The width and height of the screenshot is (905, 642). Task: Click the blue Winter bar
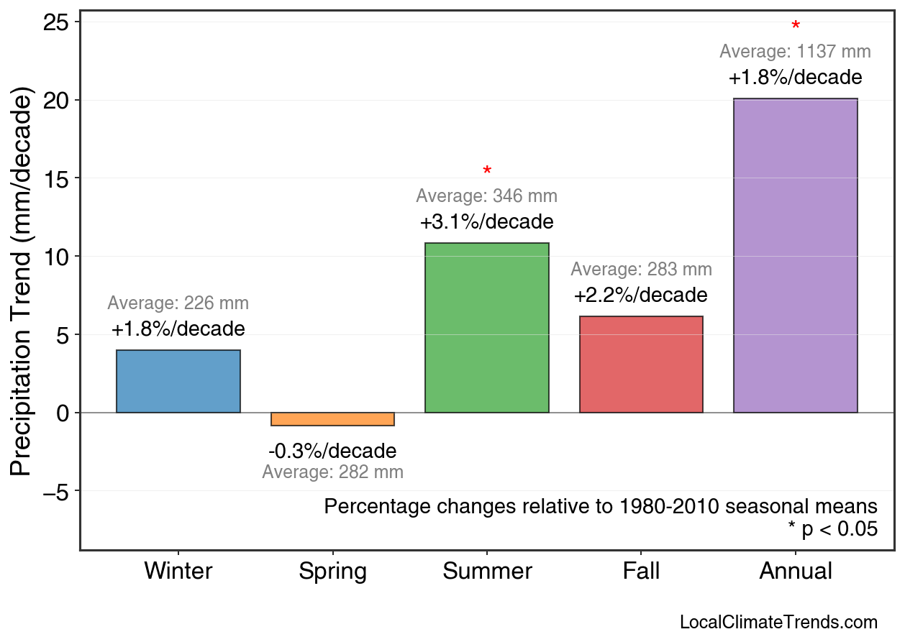tap(178, 381)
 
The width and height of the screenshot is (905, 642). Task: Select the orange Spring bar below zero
tap(332, 419)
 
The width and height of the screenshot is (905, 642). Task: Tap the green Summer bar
tap(487, 328)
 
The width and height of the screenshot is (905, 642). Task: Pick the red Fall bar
tap(641, 364)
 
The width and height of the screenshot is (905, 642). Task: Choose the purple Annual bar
tap(795, 256)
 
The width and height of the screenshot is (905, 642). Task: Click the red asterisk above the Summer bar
tap(487, 172)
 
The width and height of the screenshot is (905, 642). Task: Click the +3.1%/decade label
tap(487, 221)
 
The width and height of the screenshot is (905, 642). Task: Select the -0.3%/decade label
tap(332, 451)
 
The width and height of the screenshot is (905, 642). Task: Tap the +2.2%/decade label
tap(641, 295)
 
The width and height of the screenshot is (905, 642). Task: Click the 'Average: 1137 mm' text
tap(795, 52)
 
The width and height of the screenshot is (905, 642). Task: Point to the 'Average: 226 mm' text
tap(178, 303)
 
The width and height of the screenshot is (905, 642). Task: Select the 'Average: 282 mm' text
tap(332, 472)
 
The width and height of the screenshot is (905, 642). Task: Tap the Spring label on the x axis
tap(332, 572)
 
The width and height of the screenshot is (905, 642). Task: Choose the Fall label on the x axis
tap(641, 572)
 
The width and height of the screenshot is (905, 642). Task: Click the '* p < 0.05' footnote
tap(832, 529)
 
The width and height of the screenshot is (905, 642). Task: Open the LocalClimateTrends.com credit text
tap(778, 623)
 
